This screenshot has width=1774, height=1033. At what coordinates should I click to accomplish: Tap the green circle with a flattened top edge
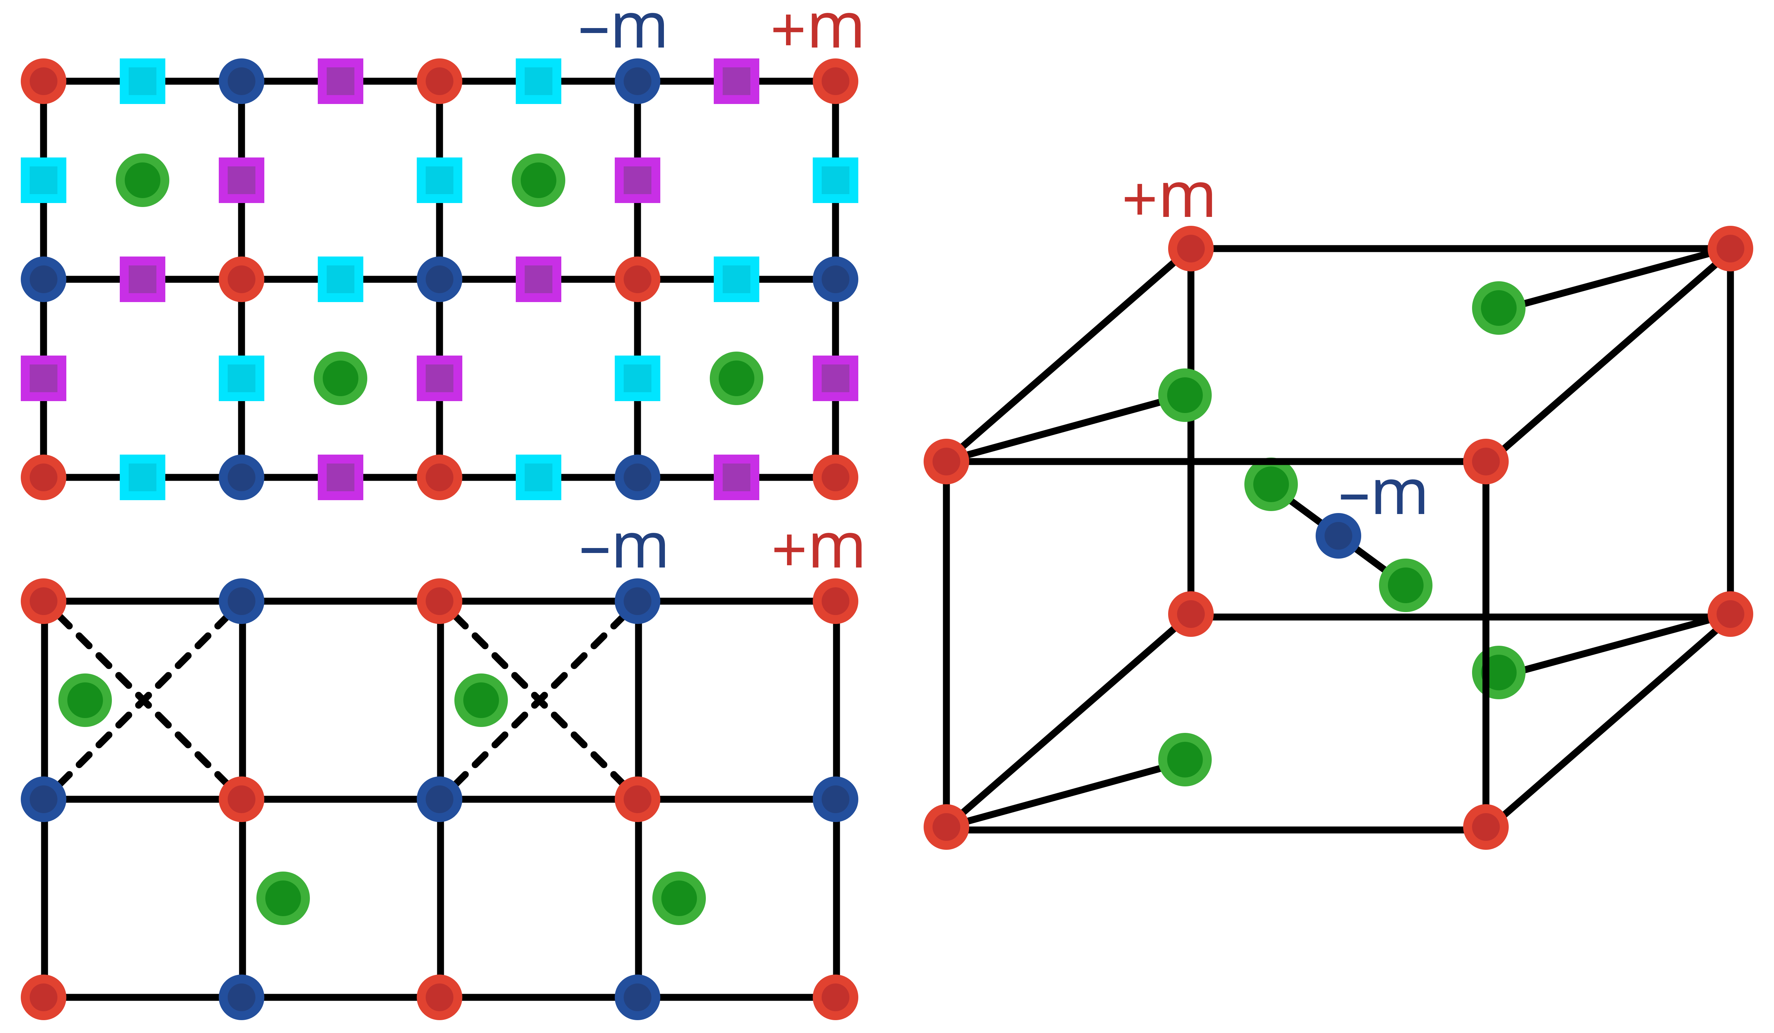pos(1271,484)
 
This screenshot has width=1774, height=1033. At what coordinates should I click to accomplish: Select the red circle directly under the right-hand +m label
pos(1190,249)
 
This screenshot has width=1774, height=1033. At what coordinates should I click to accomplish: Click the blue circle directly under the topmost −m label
pos(637,81)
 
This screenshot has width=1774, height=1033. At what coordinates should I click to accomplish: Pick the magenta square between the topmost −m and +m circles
pos(736,81)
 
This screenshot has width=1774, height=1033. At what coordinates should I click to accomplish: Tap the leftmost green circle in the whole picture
pos(85,700)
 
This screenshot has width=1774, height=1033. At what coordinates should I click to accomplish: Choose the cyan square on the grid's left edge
pos(44,180)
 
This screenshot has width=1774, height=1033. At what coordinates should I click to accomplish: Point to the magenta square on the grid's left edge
pos(44,378)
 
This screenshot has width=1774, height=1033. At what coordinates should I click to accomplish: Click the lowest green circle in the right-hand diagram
pos(1185,760)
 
